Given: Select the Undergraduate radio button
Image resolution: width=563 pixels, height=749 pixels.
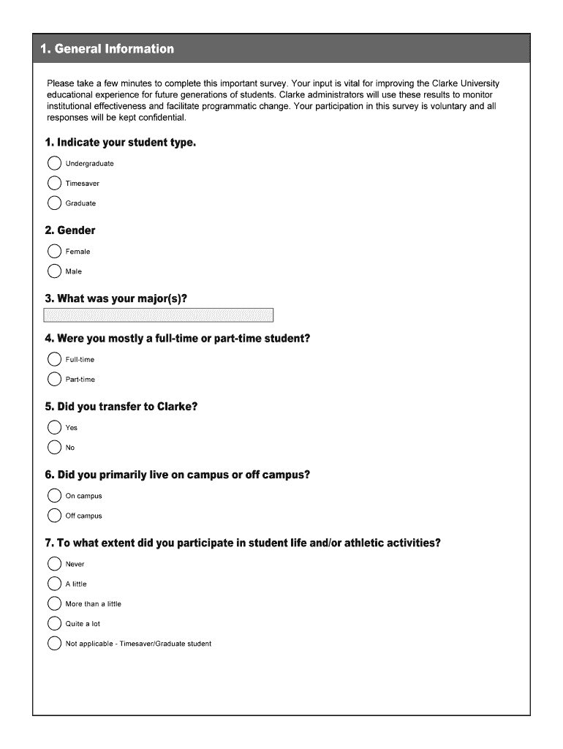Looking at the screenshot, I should coord(54,163).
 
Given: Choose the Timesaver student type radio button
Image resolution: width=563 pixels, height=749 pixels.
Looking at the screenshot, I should coord(54,183).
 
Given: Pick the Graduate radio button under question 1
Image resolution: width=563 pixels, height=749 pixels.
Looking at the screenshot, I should coord(54,203).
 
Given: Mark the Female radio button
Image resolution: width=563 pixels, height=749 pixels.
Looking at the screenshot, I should coord(54,252).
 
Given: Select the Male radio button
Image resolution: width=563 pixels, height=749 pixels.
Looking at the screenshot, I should coord(54,271).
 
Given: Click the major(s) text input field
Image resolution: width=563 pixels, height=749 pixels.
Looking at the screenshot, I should coord(159,315).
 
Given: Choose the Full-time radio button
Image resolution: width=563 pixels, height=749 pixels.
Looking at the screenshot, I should coord(54,359).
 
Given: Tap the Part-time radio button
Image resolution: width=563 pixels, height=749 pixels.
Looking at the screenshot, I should coord(54,379).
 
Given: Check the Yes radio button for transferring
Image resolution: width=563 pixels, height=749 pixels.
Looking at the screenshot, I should coord(54,427).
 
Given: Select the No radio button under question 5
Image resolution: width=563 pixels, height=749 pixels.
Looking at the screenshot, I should coord(54,447).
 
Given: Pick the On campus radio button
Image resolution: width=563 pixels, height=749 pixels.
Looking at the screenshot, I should coord(54,496).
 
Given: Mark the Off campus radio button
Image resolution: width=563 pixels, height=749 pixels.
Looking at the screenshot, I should coord(54,516).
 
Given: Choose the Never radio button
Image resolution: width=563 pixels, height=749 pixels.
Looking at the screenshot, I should coord(54,564).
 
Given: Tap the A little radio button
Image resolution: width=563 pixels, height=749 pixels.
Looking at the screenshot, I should coord(54,584).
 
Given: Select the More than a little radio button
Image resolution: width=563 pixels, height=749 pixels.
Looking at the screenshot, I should coord(54,603).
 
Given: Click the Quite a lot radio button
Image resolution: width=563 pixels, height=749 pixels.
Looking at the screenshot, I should coord(54,624).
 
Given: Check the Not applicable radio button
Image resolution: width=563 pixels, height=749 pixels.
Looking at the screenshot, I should coord(54,644).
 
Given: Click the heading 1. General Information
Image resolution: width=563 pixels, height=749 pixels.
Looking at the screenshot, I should coord(107,49).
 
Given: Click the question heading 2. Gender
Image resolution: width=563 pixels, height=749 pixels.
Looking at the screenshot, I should coord(70,230).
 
